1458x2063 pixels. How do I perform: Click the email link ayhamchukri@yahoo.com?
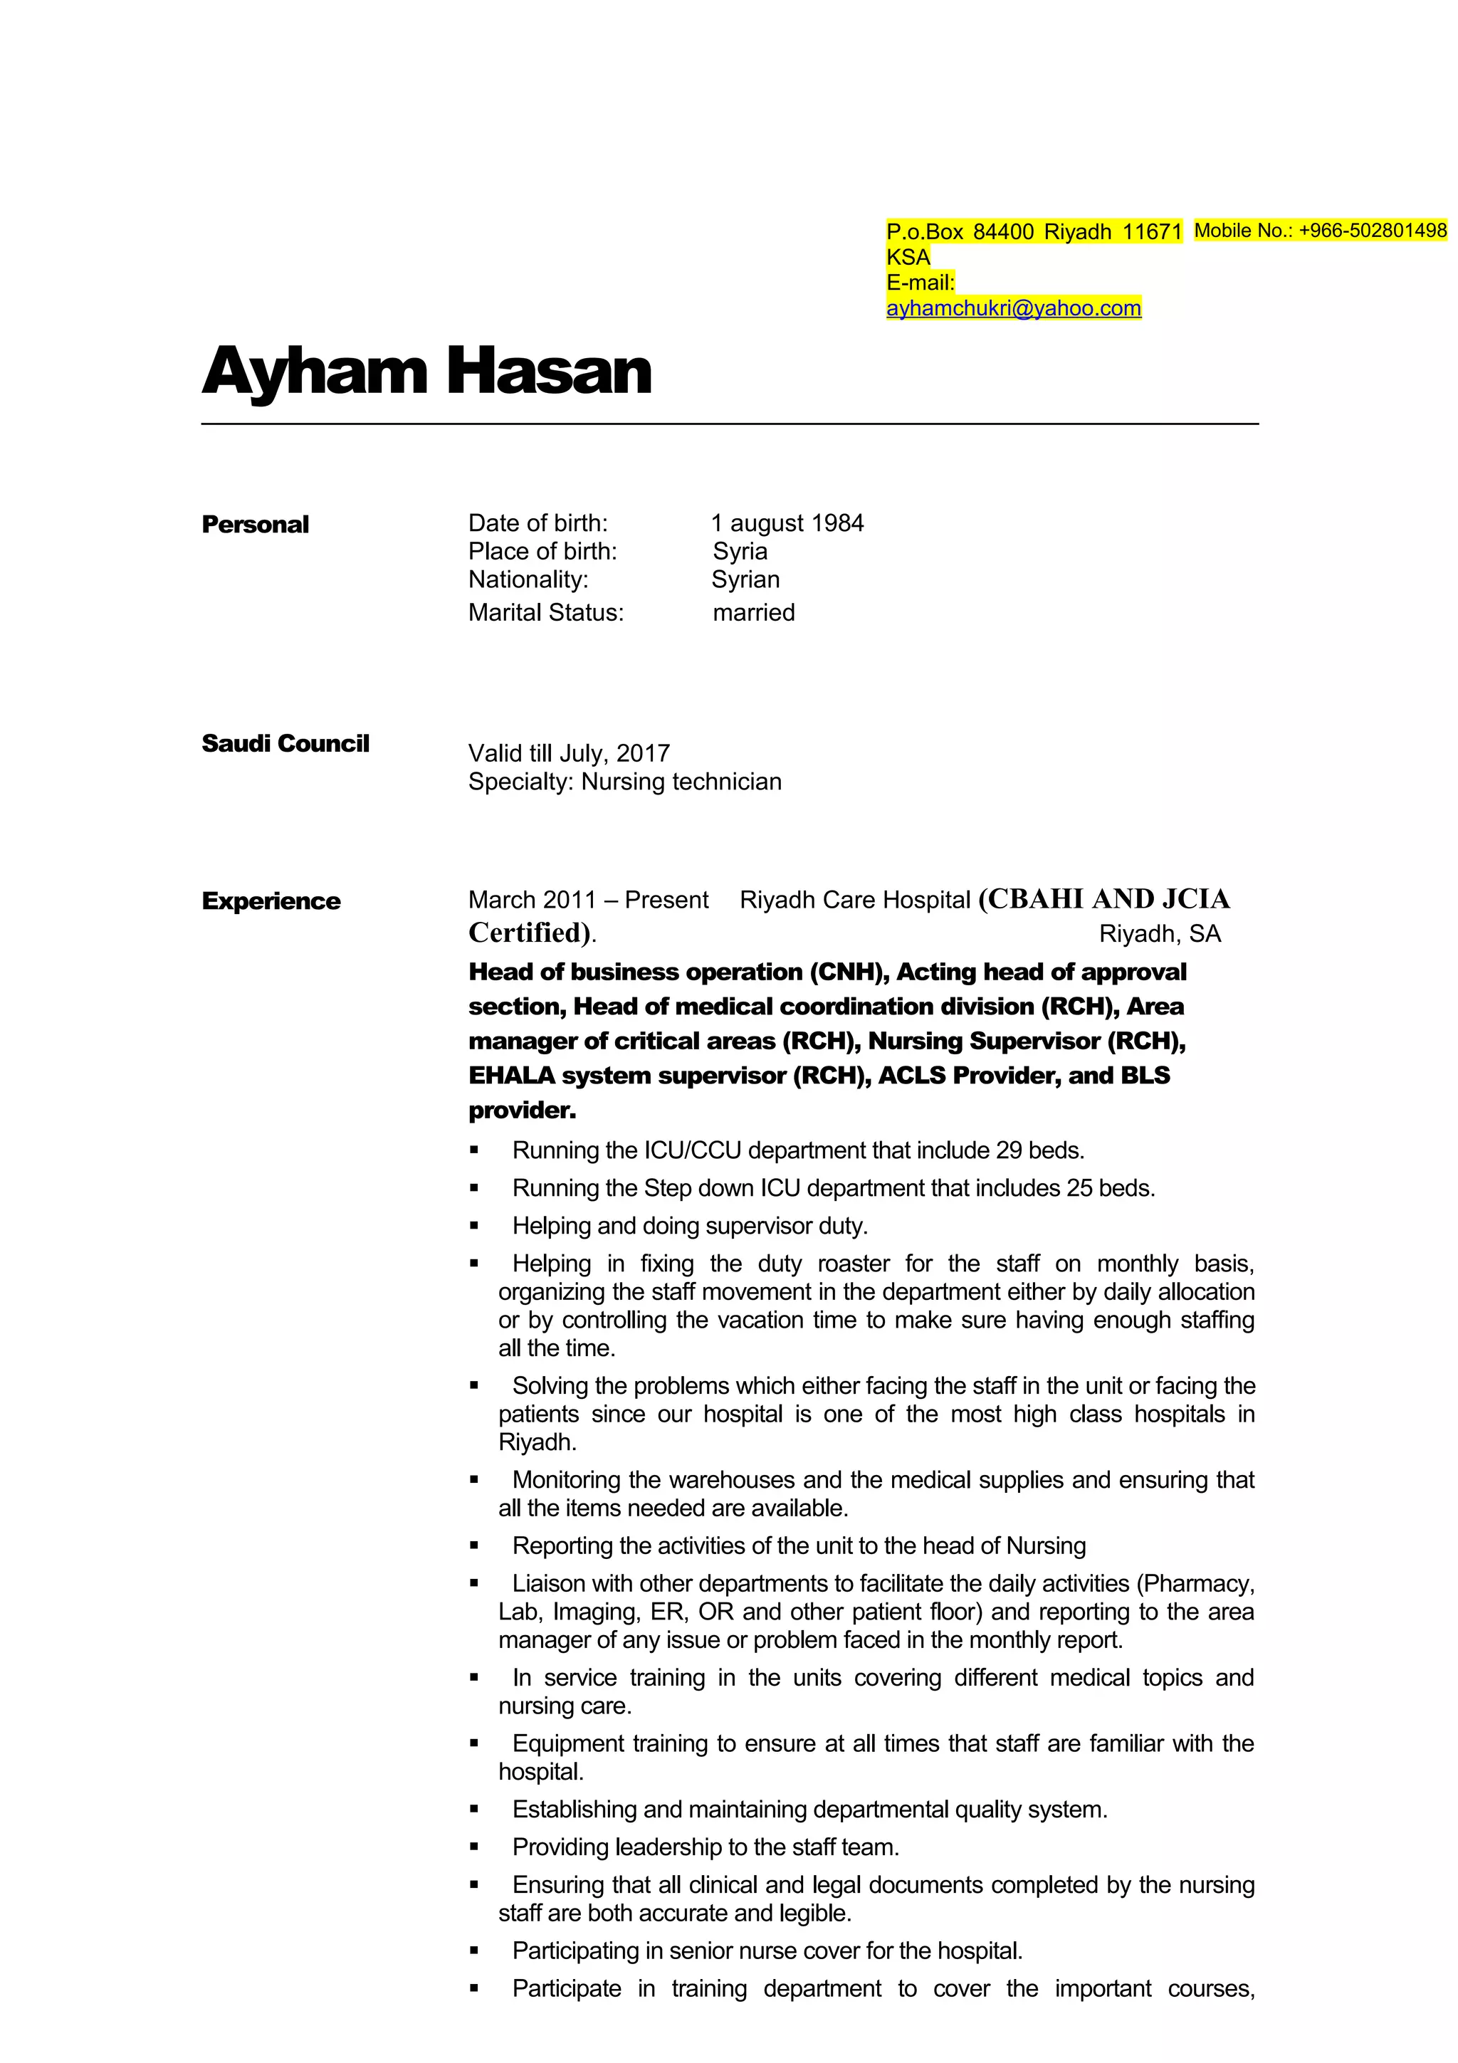(1013, 308)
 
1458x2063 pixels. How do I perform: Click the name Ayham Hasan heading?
(426, 371)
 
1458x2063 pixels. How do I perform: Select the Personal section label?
(255, 525)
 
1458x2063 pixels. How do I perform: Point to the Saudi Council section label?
(285, 744)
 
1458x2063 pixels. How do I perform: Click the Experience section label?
(271, 901)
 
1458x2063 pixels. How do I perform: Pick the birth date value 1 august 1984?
(787, 523)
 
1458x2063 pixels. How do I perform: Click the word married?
(754, 613)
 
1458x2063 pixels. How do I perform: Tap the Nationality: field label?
(528, 579)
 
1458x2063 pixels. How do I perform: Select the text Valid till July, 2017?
(569, 753)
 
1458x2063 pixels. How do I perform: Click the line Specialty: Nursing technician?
(624, 782)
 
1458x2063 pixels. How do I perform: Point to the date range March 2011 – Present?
(587, 899)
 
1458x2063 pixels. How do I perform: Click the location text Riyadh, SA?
(1160, 933)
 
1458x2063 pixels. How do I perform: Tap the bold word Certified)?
(530, 933)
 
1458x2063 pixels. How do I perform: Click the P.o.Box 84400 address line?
(1034, 232)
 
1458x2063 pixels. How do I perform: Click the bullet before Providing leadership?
(474, 1847)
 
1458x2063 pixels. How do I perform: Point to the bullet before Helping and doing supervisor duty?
(474, 1227)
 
